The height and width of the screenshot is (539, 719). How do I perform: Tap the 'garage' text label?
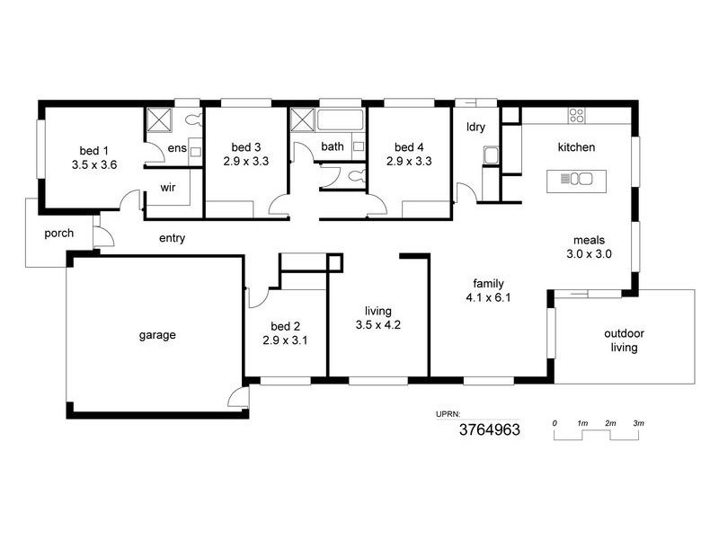tap(156, 335)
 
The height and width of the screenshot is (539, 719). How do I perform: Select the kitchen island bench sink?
tap(575, 179)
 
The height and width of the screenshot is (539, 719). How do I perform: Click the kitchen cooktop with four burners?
tap(576, 115)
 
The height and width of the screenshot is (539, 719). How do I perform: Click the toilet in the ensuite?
tap(191, 119)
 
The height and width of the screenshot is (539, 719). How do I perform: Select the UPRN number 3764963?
tap(489, 430)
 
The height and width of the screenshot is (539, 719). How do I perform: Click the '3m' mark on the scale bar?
tap(637, 422)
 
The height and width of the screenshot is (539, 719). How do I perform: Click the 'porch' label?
tap(58, 234)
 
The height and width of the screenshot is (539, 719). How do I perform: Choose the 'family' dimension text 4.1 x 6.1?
tap(488, 297)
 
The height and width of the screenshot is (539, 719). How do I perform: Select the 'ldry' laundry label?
tap(475, 127)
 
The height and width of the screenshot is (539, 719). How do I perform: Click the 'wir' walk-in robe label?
tap(167, 188)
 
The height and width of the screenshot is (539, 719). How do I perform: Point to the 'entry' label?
tap(172, 238)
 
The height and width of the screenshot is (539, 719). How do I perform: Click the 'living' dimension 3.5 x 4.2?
tap(377, 324)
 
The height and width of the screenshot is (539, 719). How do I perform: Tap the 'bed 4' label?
tap(408, 147)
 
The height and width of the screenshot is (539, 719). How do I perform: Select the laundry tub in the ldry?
tap(491, 155)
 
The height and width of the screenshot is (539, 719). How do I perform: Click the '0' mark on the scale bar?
tap(555, 422)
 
